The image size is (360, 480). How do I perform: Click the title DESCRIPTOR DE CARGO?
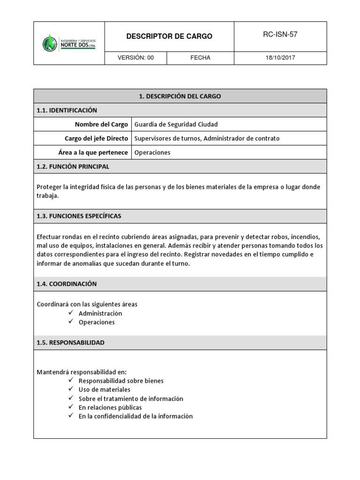pyautogui.click(x=169, y=36)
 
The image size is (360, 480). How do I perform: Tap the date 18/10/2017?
pyautogui.click(x=280, y=58)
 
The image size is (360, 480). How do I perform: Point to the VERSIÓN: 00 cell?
pyautogui.click(x=135, y=58)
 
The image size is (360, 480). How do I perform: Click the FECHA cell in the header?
pyautogui.click(x=200, y=58)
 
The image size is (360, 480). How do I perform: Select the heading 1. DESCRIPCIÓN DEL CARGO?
pyautogui.click(x=180, y=96)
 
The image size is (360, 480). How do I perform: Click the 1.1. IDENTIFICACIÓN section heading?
pyautogui.click(x=67, y=110)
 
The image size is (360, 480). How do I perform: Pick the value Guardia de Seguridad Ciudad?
pyautogui.click(x=176, y=124)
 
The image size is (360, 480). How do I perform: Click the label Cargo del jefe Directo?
pyautogui.click(x=96, y=138)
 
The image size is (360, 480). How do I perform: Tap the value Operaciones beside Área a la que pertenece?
pyautogui.click(x=152, y=152)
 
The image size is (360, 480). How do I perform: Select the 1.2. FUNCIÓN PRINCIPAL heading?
pyautogui.click(x=73, y=166)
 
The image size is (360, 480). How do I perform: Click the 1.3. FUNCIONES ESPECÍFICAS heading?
pyautogui.click(x=79, y=216)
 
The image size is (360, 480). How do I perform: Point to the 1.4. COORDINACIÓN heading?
pyautogui.click(x=67, y=284)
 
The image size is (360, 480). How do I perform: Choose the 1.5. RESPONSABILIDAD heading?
pyautogui.click(x=70, y=343)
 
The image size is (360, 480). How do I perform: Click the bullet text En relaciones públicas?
pyautogui.click(x=110, y=407)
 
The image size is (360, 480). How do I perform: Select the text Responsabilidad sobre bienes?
pyautogui.click(x=121, y=381)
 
